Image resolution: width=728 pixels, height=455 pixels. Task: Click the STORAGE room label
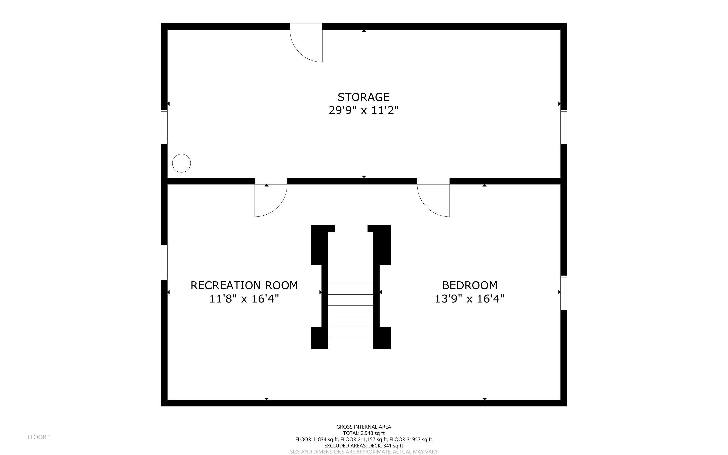(x=363, y=97)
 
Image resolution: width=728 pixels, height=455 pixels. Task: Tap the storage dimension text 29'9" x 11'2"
(x=363, y=110)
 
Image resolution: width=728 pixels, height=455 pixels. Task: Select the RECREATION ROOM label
(x=244, y=285)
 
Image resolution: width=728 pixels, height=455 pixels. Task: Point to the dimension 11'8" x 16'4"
(x=244, y=299)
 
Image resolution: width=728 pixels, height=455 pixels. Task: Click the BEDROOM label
(x=469, y=285)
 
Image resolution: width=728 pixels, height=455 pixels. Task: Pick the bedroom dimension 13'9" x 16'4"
(x=469, y=299)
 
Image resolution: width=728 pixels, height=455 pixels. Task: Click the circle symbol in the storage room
(x=181, y=163)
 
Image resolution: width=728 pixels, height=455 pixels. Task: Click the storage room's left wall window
(x=164, y=127)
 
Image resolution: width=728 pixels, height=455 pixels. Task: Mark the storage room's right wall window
(x=564, y=127)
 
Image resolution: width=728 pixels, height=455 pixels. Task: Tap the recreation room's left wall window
(x=164, y=262)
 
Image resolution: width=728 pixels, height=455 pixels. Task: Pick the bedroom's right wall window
(x=564, y=293)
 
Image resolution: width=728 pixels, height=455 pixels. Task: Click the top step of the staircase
(x=350, y=289)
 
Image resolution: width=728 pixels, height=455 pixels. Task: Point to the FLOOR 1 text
(x=39, y=437)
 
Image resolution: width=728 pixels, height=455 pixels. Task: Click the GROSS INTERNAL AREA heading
(x=363, y=427)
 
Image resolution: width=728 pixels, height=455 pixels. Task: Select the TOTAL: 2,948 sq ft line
(x=363, y=433)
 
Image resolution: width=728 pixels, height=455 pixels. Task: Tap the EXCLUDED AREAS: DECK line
(x=363, y=446)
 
